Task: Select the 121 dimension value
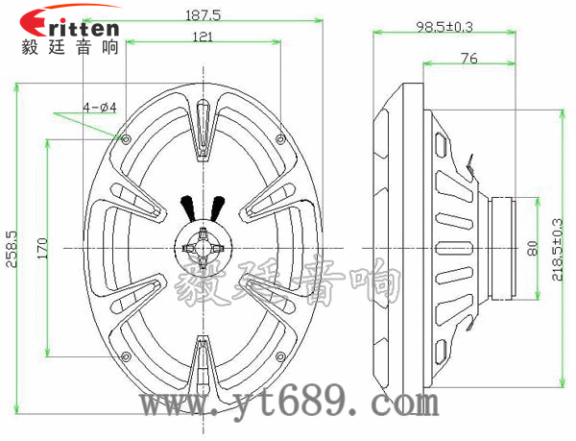[x=203, y=37]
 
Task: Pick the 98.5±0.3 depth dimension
[x=445, y=27]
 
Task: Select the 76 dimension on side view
[x=468, y=59]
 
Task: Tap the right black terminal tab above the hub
[x=218, y=207]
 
